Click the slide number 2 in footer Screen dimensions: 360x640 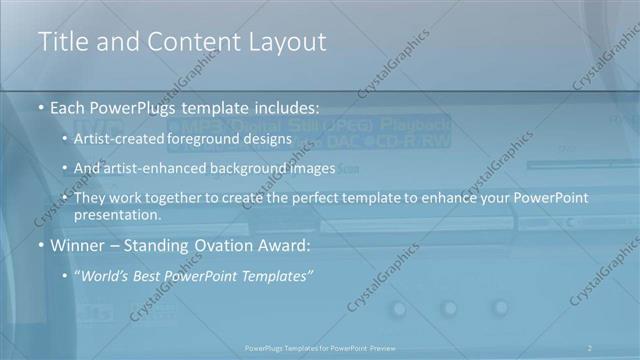(x=590, y=347)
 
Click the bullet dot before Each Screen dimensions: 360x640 (x=41, y=105)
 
